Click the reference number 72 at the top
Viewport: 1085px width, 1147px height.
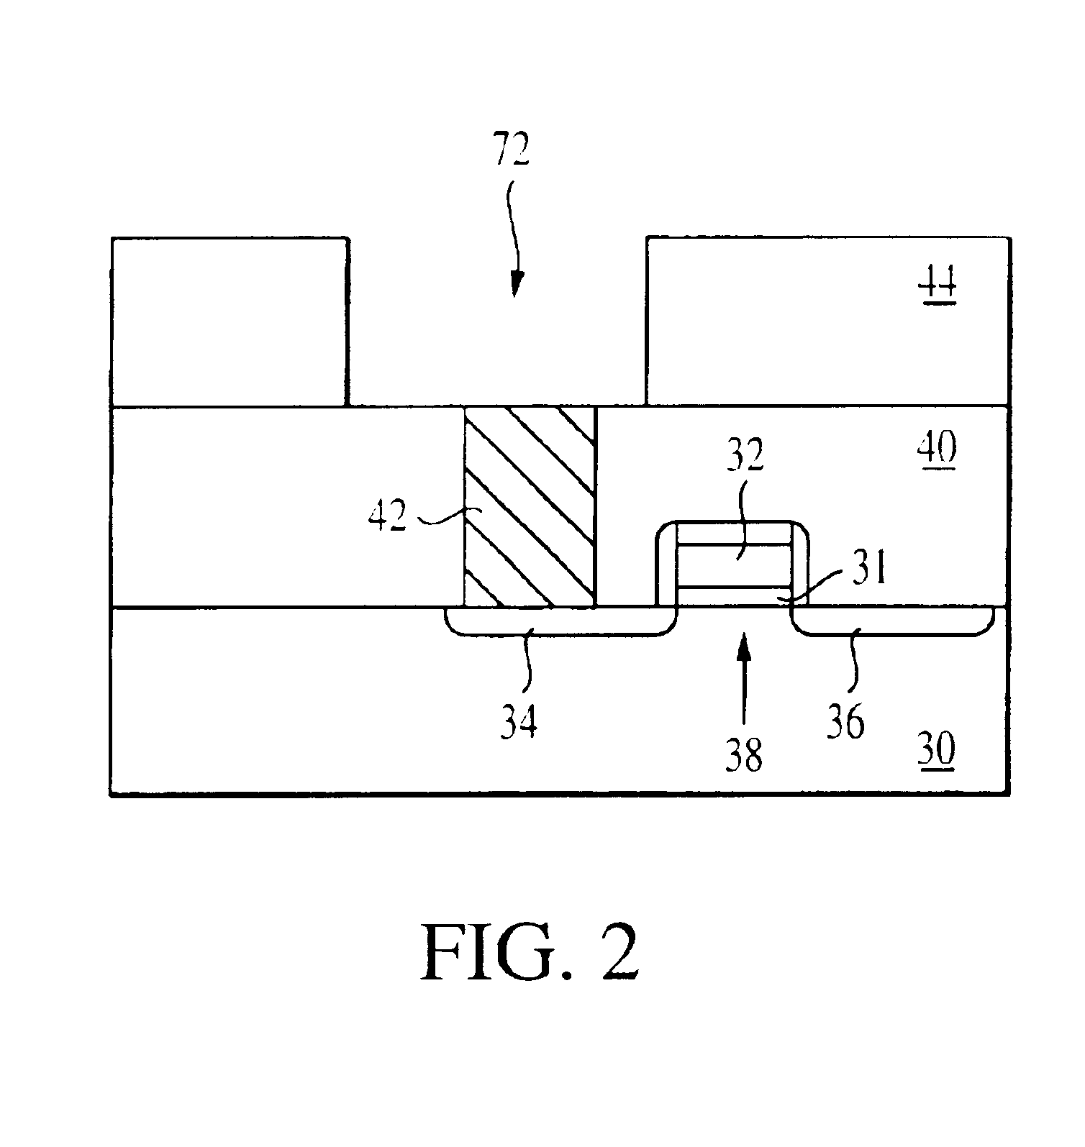coord(511,150)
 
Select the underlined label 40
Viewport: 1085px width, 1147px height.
coord(936,449)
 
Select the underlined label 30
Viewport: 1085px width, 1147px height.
coord(936,752)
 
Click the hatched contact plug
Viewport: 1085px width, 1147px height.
coord(530,507)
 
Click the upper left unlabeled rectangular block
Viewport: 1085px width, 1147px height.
coord(230,321)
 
